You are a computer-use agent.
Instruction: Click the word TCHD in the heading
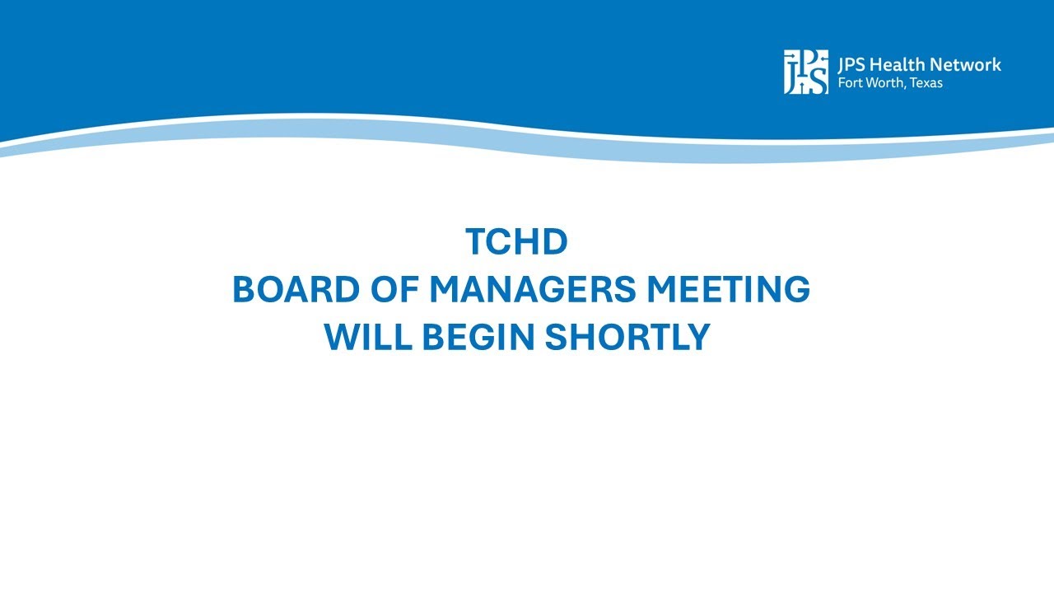point(517,242)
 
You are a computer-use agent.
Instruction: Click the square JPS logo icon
point(805,72)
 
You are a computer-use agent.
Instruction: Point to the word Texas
point(926,83)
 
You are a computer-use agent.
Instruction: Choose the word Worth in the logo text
point(885,83)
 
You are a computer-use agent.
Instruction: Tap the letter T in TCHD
point(477,242)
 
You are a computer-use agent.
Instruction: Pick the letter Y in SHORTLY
point(697,338)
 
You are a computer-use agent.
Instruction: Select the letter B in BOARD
point(245,290)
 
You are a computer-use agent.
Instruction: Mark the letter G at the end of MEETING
point(795,290)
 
